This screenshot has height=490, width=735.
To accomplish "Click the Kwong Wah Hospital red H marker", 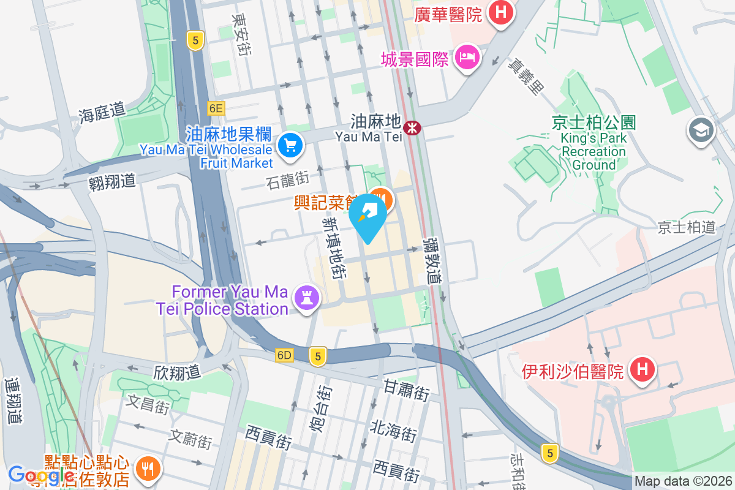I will [501, 12].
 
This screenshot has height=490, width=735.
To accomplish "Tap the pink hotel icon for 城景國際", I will [469, 59].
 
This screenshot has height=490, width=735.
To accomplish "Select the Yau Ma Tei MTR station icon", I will [415, 127].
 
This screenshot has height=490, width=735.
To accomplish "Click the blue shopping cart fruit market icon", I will [289, 145].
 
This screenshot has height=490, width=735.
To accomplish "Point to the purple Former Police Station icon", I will [304, 298].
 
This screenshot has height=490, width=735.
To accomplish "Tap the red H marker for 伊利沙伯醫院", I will [641, 369].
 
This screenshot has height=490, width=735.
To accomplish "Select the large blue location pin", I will [368, 216].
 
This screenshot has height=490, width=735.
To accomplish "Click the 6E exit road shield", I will [216, 108].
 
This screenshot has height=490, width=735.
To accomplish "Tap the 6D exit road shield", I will [285, 355].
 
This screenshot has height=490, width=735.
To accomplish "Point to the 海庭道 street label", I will [102, 113].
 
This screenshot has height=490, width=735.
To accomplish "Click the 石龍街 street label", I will [288, 179].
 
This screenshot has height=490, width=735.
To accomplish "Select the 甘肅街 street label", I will [406, 390].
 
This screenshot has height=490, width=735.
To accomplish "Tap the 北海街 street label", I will [393, 431].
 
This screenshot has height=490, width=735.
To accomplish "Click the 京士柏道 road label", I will [687, 228].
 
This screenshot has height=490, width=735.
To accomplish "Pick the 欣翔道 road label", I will [177, 371].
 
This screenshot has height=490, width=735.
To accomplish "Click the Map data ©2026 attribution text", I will [683, 481].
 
